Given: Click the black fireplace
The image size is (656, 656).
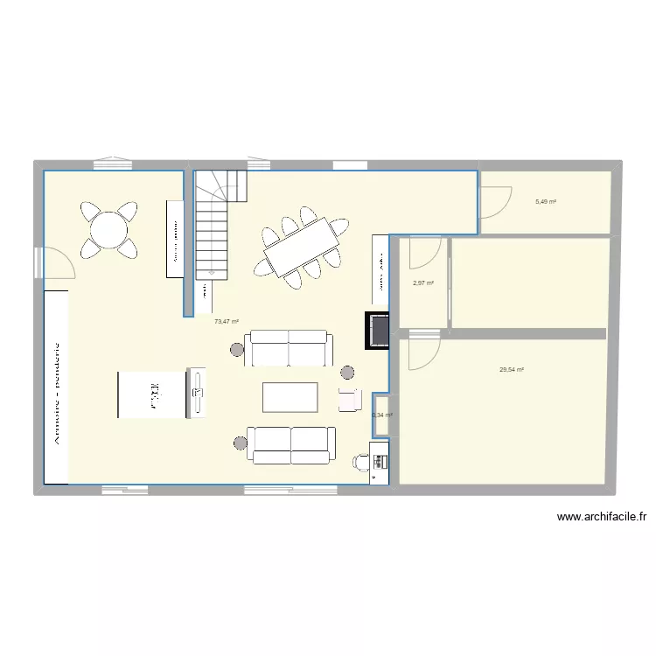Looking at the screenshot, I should click(378, 330).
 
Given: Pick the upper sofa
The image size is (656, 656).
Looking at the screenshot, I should click(289, 349).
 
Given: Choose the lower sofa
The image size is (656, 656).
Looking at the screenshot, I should click(290, 443).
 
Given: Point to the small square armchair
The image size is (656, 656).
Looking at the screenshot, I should click(350, 399).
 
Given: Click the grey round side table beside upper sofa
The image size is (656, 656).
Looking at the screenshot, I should click(238, 351).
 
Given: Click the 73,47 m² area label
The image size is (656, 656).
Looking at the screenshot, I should click(226, 322).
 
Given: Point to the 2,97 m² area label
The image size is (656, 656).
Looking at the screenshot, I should click(423, 283).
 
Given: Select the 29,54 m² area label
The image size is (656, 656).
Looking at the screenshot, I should click(512, 370).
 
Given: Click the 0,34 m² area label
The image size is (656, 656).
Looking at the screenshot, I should click(382, 415).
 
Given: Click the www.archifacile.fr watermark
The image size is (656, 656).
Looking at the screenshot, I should click(601, 517).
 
